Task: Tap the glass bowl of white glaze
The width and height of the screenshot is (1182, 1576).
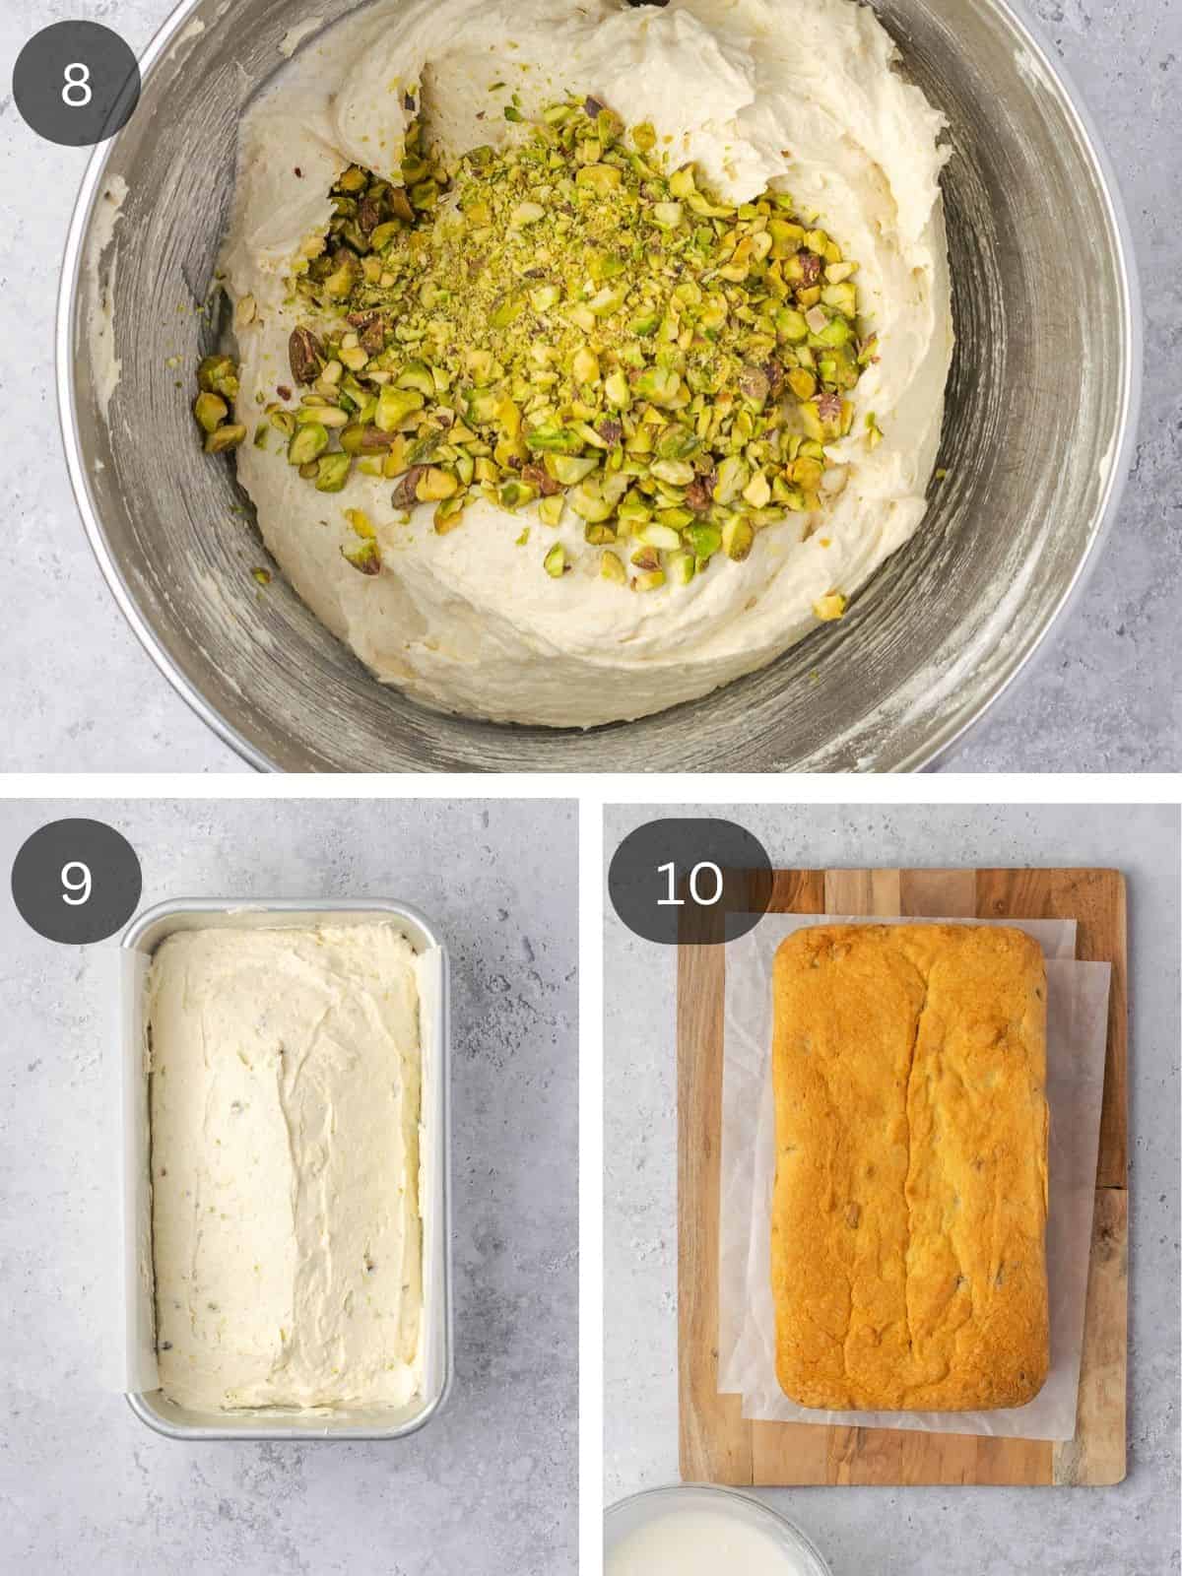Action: click(x=709, y=1546)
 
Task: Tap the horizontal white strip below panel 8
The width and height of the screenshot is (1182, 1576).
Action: click(x=591, y=786)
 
